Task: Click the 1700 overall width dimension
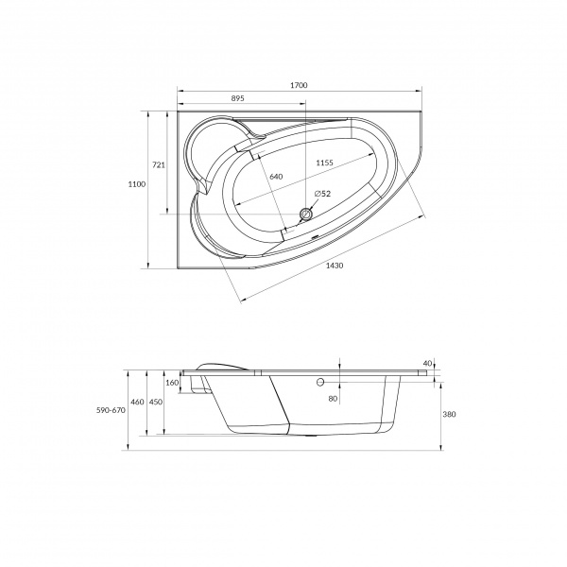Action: (299, 85)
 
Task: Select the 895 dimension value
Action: (237, 98)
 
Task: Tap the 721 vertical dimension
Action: (159, 164)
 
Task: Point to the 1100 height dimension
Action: (137, 184)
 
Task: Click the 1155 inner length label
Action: (324, 163)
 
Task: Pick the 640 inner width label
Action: (276, 177)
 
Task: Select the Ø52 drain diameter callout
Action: (322, 194)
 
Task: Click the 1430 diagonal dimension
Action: (335, 266)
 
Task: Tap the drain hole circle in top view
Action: (306, 215)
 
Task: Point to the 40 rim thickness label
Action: (427, 364)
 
